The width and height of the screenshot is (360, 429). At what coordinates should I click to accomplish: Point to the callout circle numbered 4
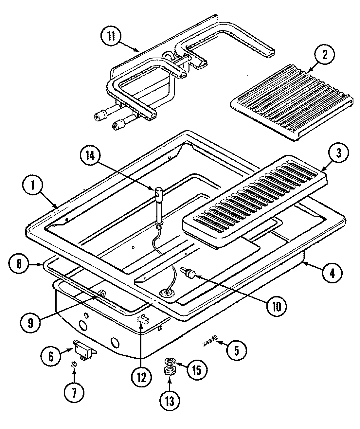coord(332,273)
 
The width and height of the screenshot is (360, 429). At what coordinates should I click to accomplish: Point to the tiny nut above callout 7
coord(74,364)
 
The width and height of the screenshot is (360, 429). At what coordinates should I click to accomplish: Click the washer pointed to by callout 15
coord(170,361)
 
